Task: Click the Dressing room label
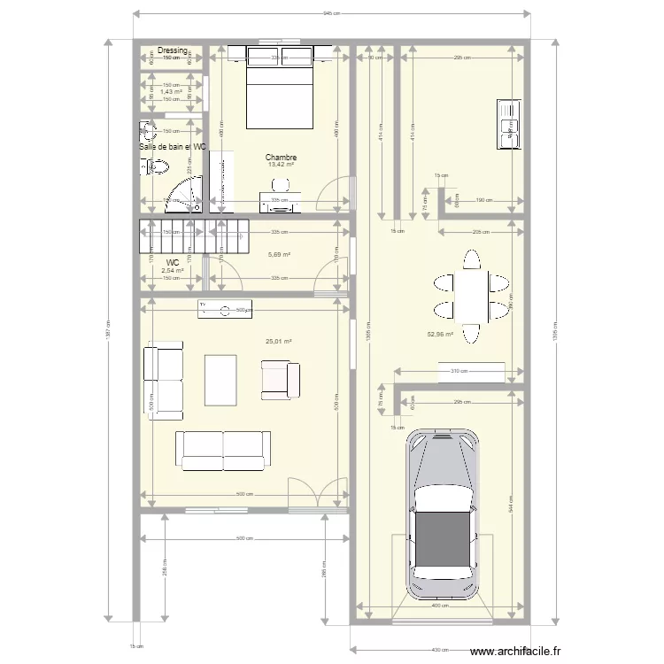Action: tap(173, 51)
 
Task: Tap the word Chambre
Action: tap(281, 158)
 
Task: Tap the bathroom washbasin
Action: tap(147, 135)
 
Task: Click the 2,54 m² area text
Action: tap(173, 272)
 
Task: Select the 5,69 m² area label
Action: tap(280, 255)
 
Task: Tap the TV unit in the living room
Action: tap(225, 309)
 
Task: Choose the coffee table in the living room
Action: tap(220, 380)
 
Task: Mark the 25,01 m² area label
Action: tap(278, 341)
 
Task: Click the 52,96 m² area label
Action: tap(439, 335)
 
